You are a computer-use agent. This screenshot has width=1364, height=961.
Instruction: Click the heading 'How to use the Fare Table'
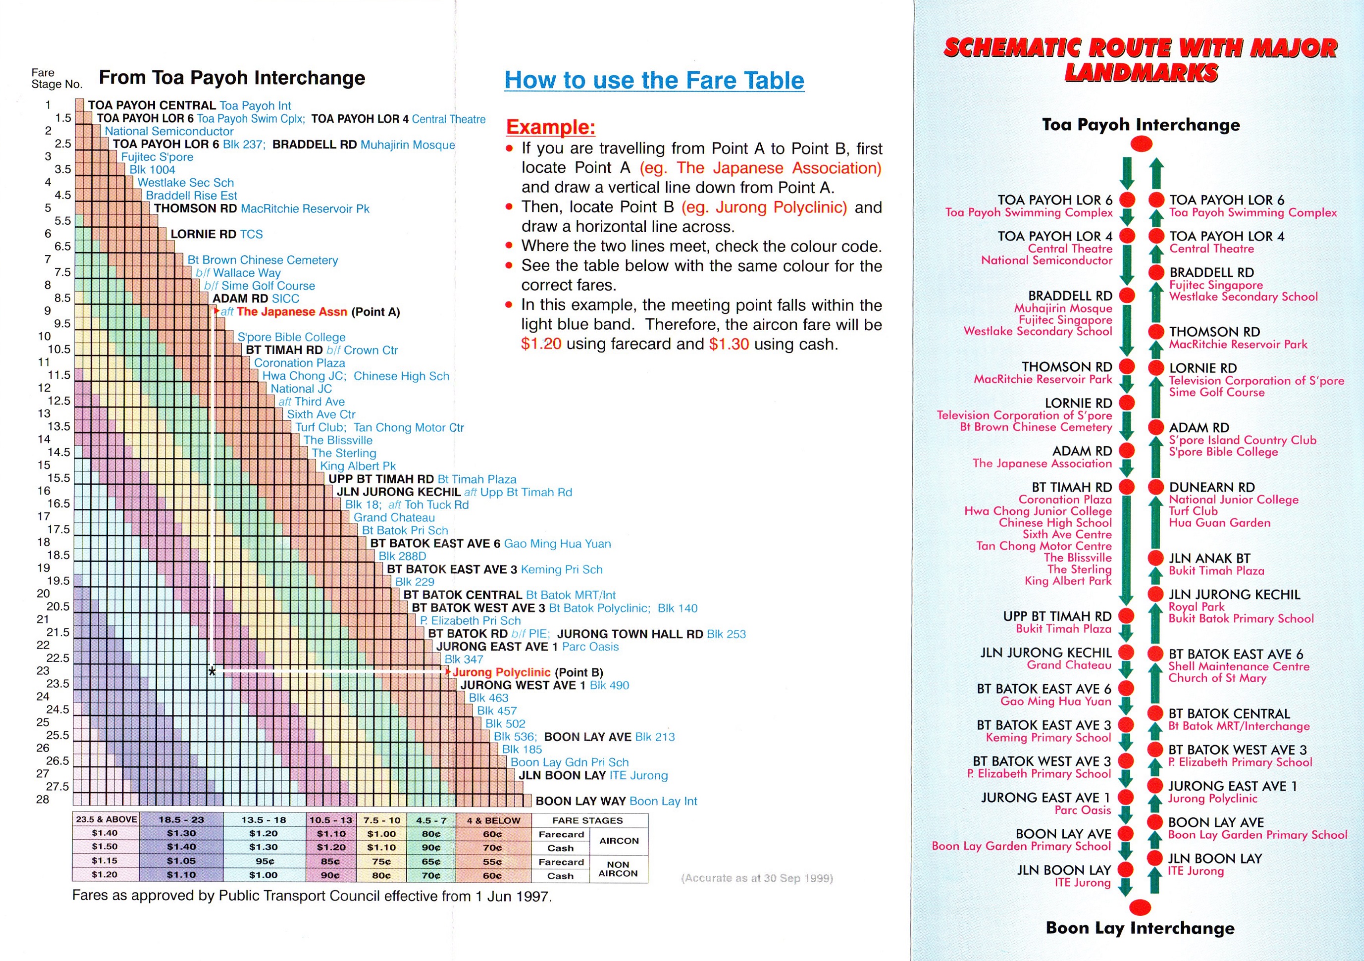(654, 80)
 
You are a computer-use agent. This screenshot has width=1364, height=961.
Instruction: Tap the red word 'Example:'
(550, 127)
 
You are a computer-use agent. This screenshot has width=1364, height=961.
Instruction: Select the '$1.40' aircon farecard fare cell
(105, 833)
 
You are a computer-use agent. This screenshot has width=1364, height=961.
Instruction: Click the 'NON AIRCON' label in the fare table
(618, 869)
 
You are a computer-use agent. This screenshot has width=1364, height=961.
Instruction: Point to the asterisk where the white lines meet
(212, 672)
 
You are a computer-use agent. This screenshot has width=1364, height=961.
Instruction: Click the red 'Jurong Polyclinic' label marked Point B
(501, 672)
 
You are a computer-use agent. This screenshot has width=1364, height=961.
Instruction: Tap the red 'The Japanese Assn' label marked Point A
(291, 312)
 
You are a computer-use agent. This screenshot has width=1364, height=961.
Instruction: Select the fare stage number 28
(42, 800)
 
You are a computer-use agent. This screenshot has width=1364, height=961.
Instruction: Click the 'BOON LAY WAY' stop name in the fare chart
(580, 801)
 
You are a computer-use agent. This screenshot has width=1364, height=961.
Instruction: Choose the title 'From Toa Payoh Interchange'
(232, 78)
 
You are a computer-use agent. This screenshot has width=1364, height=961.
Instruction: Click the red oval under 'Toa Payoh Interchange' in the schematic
(1141, 144)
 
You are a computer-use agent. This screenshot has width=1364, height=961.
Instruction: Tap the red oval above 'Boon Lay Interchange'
(1140, 907)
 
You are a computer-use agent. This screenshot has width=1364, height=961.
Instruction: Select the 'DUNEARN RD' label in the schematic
(1212, 487)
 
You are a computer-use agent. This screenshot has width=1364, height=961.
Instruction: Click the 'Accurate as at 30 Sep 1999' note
(757, 878)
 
